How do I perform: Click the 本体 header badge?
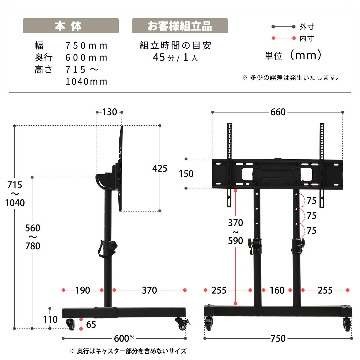pos(70,26)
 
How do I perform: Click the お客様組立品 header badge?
pos(180,26)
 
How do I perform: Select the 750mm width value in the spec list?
pos(86,46)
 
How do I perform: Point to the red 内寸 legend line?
pos(283,38)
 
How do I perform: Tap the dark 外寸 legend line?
pos(283,27)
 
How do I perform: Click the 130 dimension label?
pos(110,112)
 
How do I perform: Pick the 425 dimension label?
pos(160,168)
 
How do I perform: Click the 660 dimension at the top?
pos(278,112)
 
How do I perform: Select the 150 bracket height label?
pos(186,174)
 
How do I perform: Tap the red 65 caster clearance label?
pos(91,325)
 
